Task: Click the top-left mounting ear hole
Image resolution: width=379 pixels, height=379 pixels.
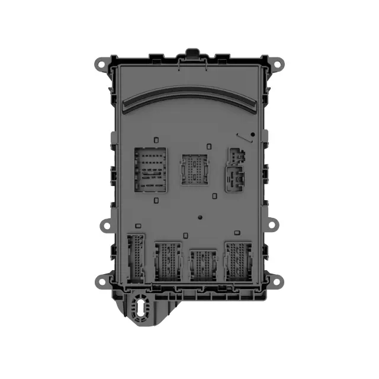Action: pos(100,62)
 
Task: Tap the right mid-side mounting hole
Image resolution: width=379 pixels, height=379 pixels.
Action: pos(272,224)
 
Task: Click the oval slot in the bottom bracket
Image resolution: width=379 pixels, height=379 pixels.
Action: pos(141,308)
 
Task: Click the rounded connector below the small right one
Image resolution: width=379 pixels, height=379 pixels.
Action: pos(236,178)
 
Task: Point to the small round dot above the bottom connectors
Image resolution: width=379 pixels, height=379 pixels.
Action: pos(201,217)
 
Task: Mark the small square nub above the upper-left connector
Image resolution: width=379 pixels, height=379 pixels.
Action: pos(156,140)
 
